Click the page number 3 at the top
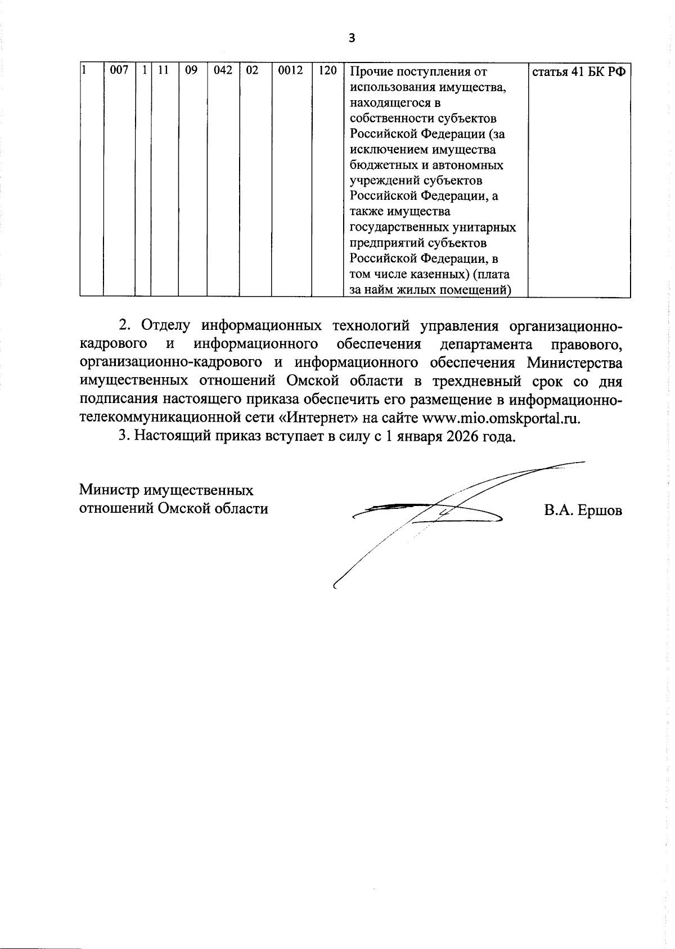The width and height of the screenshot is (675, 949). [x=352, y=38]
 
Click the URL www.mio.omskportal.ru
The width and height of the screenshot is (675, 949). [x=500, y=418]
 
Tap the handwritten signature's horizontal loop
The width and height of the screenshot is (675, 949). [x=427, y=512]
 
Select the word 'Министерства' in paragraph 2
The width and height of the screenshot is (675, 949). [x=574, y=362]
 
